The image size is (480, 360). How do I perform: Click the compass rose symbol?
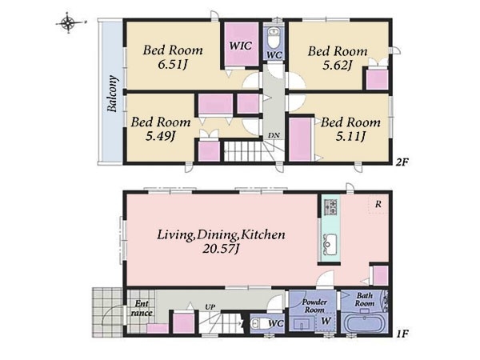pyautogui.click(x=69, y=22)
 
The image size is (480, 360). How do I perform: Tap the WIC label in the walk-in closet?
pyautogui.click(x=241, y=46)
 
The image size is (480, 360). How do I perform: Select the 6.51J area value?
pyautogui.click(x=173, y=65)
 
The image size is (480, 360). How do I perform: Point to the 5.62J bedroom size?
pyautogui.click(x=338, y=66)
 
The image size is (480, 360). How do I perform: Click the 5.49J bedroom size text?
pyautogui.click(x=161, y=136)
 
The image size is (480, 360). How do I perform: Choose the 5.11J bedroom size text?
pyautogui.click(x=350, y=137)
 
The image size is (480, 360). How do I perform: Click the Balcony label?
pyautogui.click(x=112, y=94)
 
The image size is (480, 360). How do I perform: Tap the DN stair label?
pyautogui.click(x=274, y=135)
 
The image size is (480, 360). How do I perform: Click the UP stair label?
pyautogui.click(x=210, y=306)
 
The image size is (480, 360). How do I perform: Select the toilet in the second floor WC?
pyautogui.click(x=273, y=37)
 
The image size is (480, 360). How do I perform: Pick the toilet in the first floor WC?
pyautogui.click(x=258, y=323)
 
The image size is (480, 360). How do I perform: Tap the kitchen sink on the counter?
pyautogui.click(x=330, y=245)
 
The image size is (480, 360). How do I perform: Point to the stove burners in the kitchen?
pyautogui.click(x=330, y=207)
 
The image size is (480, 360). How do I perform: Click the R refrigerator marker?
pyautogui.click(x=378, y=204)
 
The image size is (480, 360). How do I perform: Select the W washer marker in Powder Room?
pyautogui.click(x=326, y=321)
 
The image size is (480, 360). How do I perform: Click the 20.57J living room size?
pyautogui.click(x=221, y=249)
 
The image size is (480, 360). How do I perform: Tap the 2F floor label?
pyautogui.click(x=402, y=162)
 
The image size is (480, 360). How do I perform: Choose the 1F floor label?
pyautogui.click(x=402, y=334)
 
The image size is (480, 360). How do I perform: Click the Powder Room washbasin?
pyautogui.click(x=302, y=324)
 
